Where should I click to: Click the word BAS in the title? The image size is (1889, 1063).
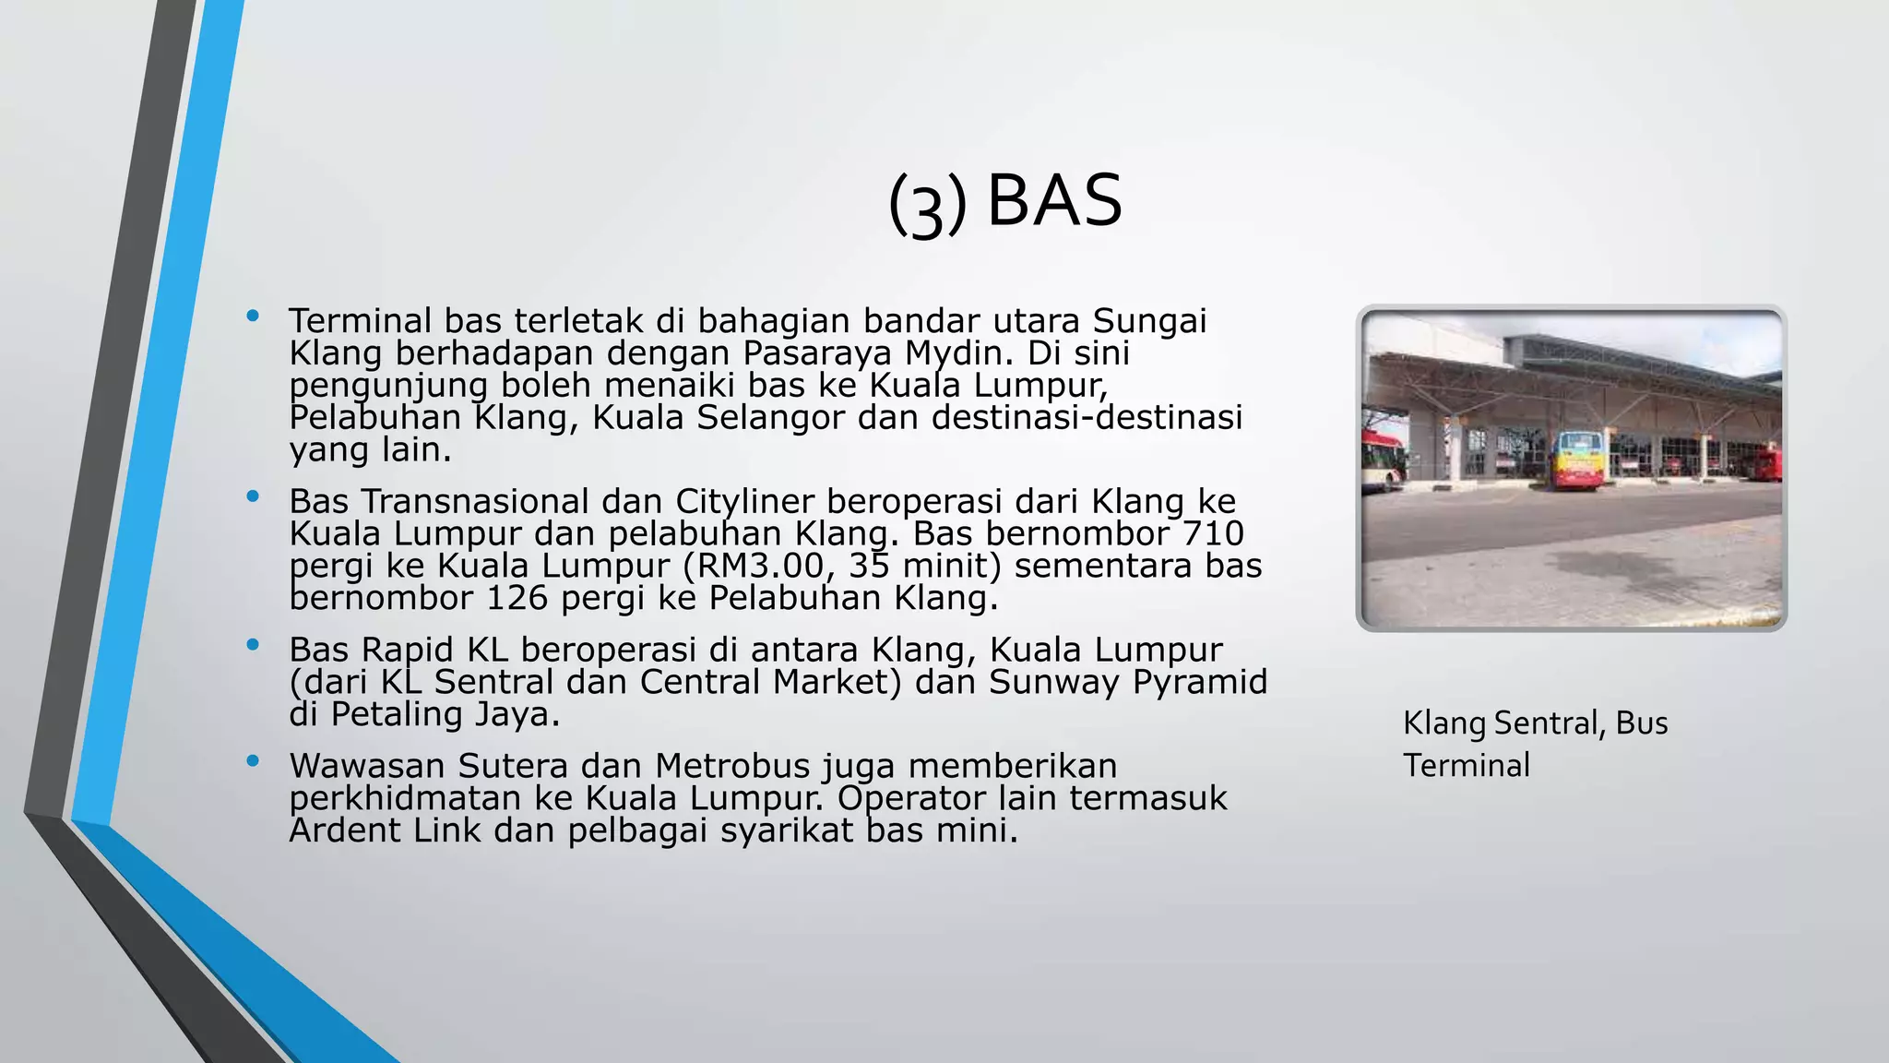(x=1054, y=200)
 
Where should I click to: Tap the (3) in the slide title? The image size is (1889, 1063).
(x=927, y=204)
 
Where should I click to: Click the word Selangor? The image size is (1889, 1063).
(x=770, y=417)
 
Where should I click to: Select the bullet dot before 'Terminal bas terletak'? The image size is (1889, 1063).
(x=253, y=317)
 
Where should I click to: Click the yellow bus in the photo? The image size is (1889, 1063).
(x=1578, y=460)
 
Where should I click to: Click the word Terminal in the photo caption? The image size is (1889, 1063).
(x=1467, y=765)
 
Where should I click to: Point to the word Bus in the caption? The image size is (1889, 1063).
(x=1641, y=723)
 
